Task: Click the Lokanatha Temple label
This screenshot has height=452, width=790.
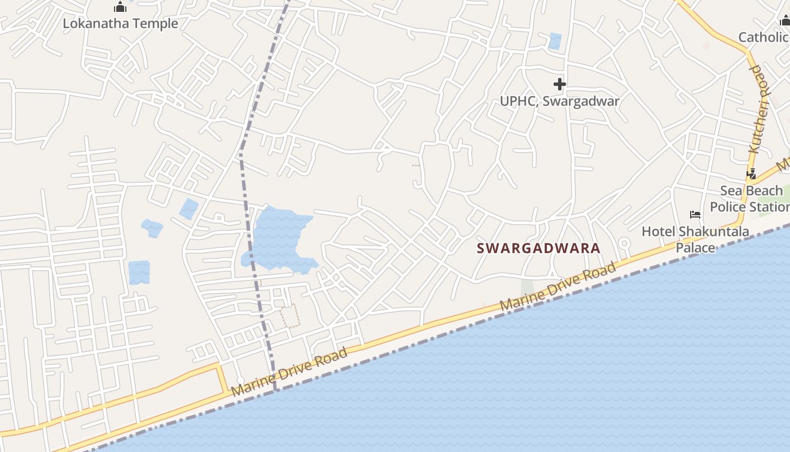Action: pyautogui.click(x=120, y=24)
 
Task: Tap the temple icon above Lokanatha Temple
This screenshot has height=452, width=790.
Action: pyautogui.click(x=120, y=7)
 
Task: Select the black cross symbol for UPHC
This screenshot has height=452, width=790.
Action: pyautogui.click(x=559, y=85)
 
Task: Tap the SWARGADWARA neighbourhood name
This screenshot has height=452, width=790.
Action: pyautogui.click(x=538, y=248)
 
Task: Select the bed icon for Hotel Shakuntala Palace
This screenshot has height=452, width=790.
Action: pyautogui.click(x=695, y=215)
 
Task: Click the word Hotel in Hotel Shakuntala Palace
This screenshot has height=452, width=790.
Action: pyautogui.click(x=659, y=231)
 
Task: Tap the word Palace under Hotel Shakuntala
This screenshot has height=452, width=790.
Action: pyautogui.click(x=695, y=247)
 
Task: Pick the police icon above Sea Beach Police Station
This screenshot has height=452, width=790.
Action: pyautogui.click(x=751, y=174)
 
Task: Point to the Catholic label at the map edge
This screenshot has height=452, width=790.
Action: pyautogui.click(x=763, y=37)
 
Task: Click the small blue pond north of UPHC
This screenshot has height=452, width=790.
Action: pyautogui.click(x=555, y=41)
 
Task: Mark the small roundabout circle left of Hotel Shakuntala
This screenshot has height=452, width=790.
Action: pyautogui.click(x=624, y=244)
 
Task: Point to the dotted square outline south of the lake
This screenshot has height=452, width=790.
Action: pyautogui.click(x=290, y=316)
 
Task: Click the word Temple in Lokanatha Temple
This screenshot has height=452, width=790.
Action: pyautogui.click(x=156, y=24)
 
